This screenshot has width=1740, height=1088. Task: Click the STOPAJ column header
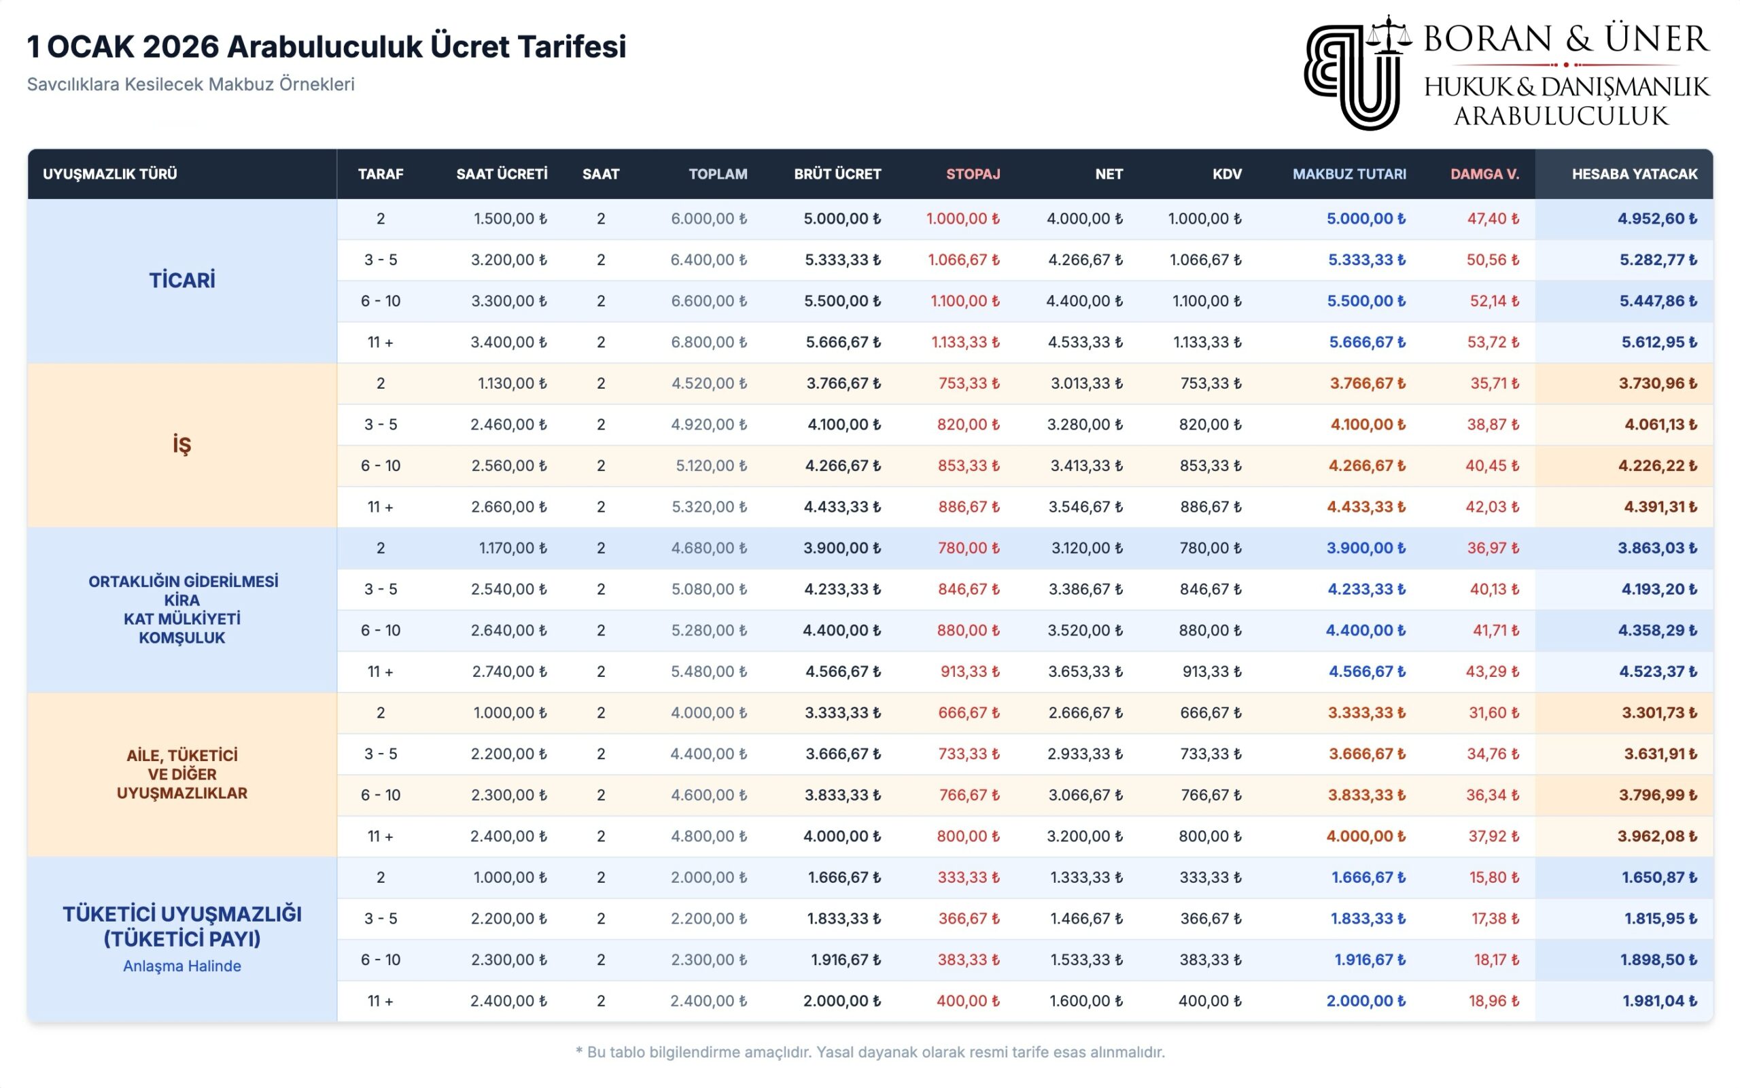click(x=972, y=174)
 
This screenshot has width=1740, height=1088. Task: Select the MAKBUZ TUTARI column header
click(x=1348, y=174)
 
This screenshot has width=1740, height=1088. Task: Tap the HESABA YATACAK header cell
click(x=1633, y=174)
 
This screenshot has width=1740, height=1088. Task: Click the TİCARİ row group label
click(x=182, y=281)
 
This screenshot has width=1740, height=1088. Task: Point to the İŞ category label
click(x=182, y=444)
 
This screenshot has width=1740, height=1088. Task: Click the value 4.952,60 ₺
click(x=1656, y=219)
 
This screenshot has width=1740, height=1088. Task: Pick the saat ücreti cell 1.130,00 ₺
click(x=512, y=383)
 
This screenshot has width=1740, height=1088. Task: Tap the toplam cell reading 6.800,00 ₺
click(x=708, y=343)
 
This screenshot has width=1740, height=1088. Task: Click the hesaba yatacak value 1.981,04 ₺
click(x=1658, y=1001)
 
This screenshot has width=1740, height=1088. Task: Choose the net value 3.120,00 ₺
click(x=1086, y=548)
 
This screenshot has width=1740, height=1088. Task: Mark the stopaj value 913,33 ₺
click(x=969, y=672)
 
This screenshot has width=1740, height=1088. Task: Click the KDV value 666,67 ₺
click(x=1211, y=713)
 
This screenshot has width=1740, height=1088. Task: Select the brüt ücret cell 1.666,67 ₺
click(x=843, y=878)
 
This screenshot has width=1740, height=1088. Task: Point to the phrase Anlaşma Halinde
click(x=182, y=966)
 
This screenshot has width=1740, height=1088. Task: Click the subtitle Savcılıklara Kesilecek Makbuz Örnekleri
click(x=191, y=84)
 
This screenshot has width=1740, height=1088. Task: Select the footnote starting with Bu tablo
click(x=870, y=1052)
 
